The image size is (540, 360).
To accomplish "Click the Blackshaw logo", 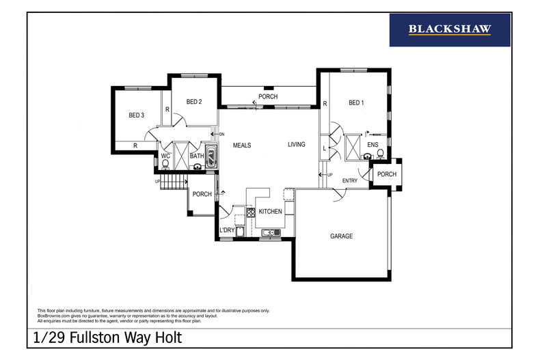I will click(x=450, y=29).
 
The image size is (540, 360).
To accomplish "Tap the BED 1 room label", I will click(x=356, y=103).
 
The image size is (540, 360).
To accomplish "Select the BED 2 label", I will click(x=194, y=102).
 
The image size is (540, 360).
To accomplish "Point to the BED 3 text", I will click(x=136, y=115).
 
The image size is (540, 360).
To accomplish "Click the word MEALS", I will click(x=242, y=145).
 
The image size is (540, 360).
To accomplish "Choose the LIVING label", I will click(x=296, y=144).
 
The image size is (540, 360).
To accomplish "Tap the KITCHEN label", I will click(x=270, y=212).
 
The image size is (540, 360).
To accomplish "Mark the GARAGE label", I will click(x=341, y=236).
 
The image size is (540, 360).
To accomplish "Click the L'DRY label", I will click(x=227, y=230).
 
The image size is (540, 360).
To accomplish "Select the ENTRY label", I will click(x=350, y=180).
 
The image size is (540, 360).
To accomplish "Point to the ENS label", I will click(x=373, y=145).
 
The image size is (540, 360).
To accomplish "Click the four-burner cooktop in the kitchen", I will click(x=251, y=212).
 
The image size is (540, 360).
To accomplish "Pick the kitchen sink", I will click(x=271, y=233).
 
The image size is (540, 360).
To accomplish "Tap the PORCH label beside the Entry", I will click(x=387, y=174).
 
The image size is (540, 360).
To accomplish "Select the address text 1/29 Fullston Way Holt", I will click(x=107, y=338).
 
